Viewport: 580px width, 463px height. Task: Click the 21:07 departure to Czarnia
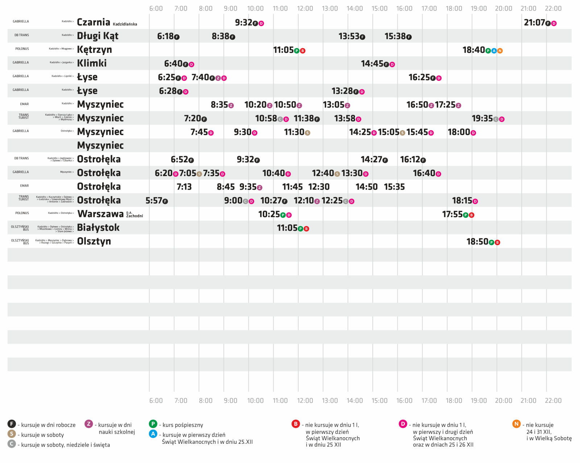click(534, 23)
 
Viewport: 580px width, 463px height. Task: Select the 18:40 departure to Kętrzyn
click(473, 50)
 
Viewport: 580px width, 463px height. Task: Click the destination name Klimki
click(92, 63)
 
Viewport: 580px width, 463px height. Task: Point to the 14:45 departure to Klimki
click(372, 64)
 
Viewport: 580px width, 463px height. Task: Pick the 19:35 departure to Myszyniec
click(482, 118)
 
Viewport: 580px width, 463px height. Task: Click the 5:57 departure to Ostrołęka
click(154, 201)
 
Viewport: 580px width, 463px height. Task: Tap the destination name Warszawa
click(100, 214)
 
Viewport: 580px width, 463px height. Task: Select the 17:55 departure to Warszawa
click(452, 214)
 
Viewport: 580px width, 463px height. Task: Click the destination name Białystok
click(98, 228)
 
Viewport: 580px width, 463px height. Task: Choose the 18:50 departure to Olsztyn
click(477, 242)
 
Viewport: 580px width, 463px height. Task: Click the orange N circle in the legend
click(516, 424)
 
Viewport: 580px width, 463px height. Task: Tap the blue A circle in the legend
click(153, 434)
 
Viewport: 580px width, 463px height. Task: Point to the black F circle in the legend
click(12, 424)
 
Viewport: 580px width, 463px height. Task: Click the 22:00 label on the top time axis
click(553, 8)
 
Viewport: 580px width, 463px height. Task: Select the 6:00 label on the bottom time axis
click(156, 400)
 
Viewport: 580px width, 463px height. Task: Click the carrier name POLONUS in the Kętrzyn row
click(22, 49)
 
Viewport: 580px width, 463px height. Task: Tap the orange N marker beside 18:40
click(500, 51)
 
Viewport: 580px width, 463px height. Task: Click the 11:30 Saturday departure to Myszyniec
click(294, 132)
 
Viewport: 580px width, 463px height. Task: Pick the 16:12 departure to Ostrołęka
click(410, 159)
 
